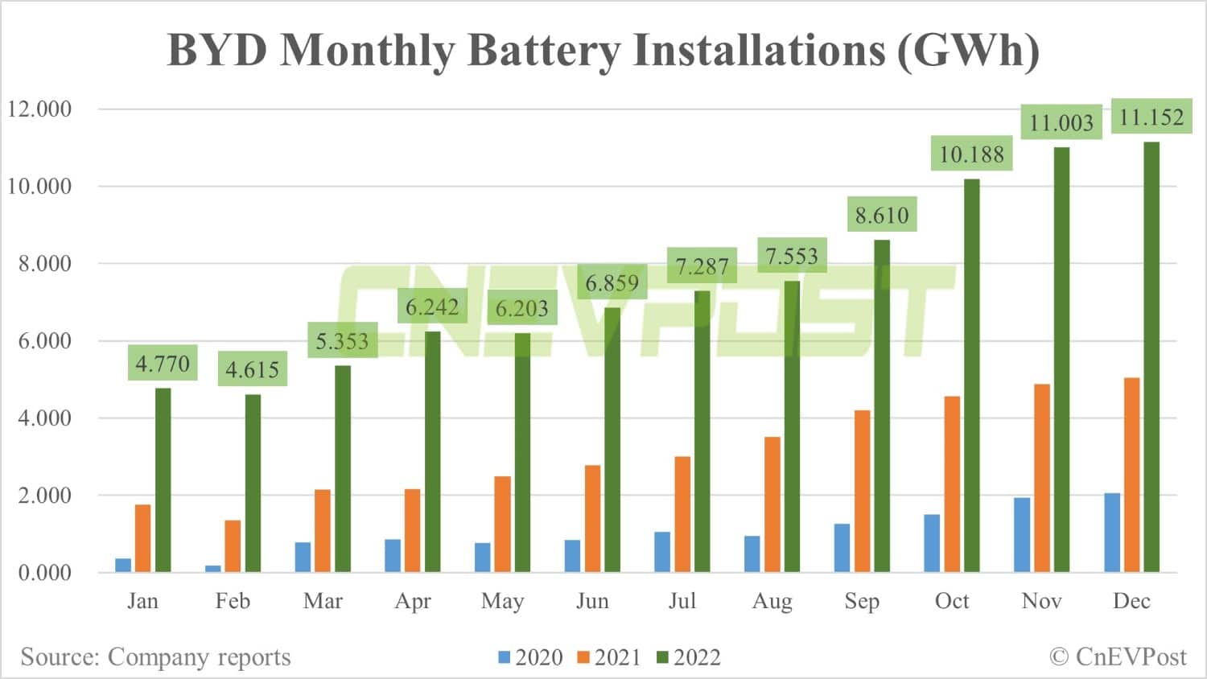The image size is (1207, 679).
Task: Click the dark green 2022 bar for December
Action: (x=1151, y=357)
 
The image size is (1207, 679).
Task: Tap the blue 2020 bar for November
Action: (x=1022, y=535)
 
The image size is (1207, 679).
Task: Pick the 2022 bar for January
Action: (x=163, y=480)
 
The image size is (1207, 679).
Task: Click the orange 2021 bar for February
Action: (x=233, y=546)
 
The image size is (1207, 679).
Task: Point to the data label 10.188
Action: (x=971, y=154)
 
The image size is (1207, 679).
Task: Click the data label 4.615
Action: (x=252, y=369)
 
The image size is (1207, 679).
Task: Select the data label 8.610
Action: (x=882, y=215)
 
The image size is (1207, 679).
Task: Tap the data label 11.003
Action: (x=1061, y=122)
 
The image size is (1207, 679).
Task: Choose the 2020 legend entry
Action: (x=531, y=657)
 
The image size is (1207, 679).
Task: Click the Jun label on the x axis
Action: (x=592, y=601)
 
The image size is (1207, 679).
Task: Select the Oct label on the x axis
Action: (x=952, y=601)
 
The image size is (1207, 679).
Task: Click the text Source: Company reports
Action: (x=155, y=657)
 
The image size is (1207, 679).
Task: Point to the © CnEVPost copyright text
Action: (x=1118, y=657)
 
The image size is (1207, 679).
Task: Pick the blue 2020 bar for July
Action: (x=662, y=552)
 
